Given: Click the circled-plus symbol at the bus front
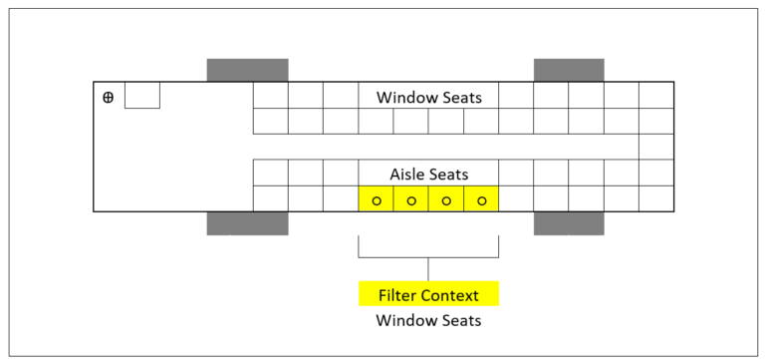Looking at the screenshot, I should (x=109, y=97).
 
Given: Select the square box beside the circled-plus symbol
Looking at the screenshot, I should (x=141, y=96).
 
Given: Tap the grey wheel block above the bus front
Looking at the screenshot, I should (x=247, y=70).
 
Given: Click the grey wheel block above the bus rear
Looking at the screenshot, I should (x=569, y=70).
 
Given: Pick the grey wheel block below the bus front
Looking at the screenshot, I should (x=247, y=223).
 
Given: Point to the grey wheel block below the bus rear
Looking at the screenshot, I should (x=569, y=223).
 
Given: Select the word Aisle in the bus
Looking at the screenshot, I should (x=407, y=174).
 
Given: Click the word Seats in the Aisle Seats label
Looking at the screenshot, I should (x=449, y=174).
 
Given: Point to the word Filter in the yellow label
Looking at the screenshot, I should (x=398, y=295).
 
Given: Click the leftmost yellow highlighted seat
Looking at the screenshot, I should (x=377, y=198).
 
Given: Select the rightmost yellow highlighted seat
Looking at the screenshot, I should (x=481, y=198).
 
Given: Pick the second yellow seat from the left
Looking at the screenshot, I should (x=411, y=198).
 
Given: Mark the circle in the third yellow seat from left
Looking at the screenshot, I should (x=446, y=200).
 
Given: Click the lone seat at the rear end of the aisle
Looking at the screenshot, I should (x=656, y=147).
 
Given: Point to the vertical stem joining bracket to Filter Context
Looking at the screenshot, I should (x=428, y=269).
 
